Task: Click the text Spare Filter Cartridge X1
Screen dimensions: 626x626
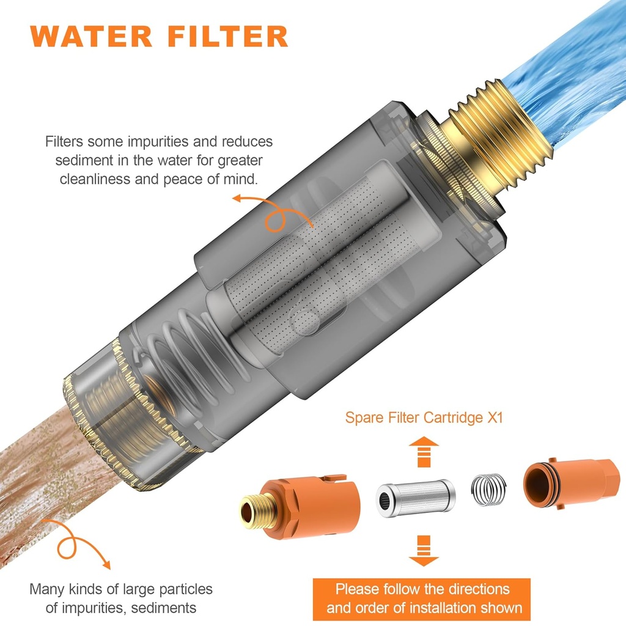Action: pyautogui.click(x=425, y=418)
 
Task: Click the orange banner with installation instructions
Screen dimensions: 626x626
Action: pyautogui.click(x=422, y=599)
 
